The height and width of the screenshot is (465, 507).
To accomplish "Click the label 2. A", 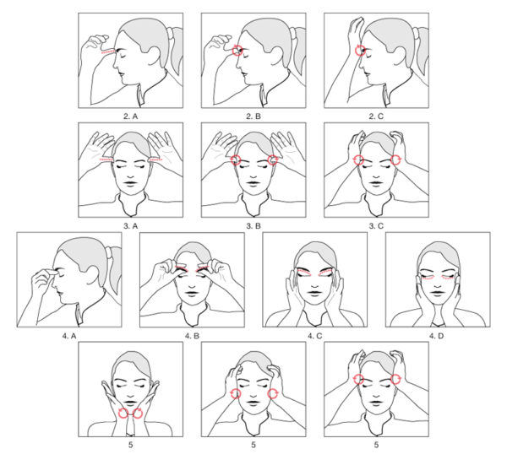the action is [131, 116].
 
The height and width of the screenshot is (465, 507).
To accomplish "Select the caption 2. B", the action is [253, 116].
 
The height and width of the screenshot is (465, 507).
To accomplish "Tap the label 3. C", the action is [376, 225].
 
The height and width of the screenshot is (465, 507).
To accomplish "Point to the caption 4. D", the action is [437, 336].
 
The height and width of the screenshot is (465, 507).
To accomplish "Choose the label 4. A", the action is [69, 336].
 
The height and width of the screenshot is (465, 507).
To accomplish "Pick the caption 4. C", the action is [315, 336].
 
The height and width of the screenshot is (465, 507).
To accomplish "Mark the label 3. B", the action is [253, 225].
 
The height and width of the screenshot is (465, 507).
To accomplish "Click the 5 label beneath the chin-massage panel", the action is [131, 445].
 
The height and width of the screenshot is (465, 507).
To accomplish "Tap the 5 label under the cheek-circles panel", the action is [253, 445].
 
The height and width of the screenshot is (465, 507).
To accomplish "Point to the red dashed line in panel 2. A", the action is [107, 51].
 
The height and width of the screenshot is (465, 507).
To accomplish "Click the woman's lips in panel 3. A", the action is [131, 183].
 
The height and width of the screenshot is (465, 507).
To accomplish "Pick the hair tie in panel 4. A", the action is [109, 253].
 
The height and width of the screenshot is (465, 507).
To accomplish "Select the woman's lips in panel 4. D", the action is [438, 293].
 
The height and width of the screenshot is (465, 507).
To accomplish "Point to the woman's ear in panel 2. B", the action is [277, 55].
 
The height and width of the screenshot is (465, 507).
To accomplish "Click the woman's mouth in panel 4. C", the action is [315, 293].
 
